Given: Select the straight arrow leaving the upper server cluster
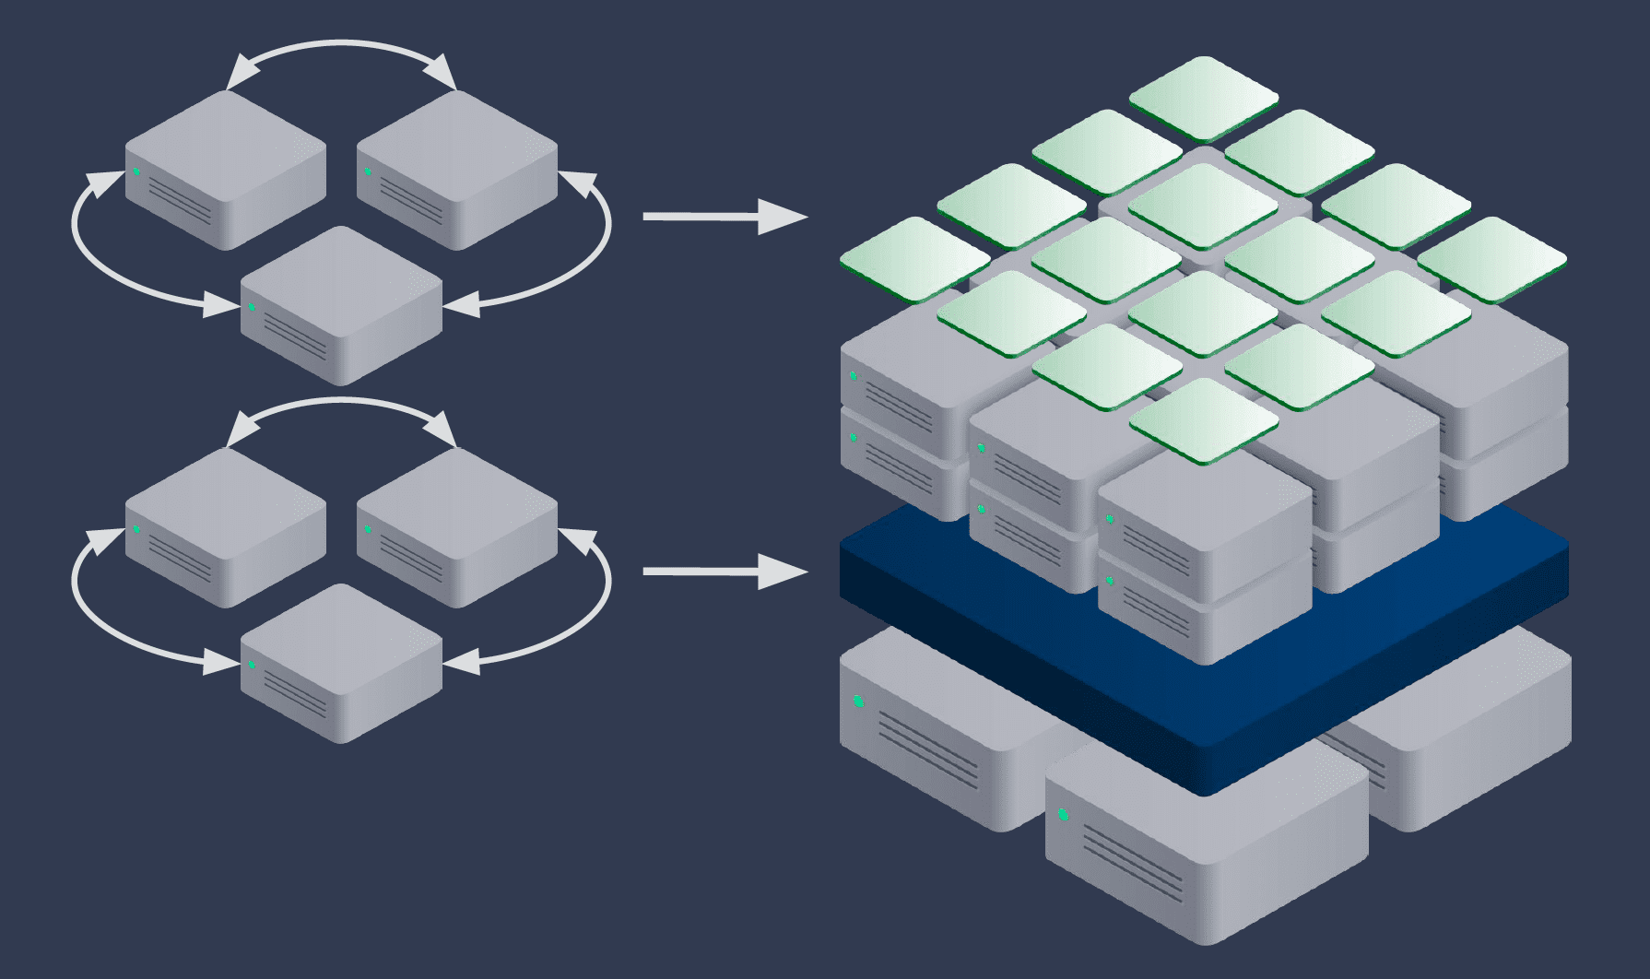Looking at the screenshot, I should (724, 217).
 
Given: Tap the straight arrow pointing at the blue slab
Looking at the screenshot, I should (724, 572).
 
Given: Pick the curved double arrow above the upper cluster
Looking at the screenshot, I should (341, 43).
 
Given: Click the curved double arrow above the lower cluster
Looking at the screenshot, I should (341, 401).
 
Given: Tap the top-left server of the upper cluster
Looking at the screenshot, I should (226, 166).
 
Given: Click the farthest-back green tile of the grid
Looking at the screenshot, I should (1203, 98).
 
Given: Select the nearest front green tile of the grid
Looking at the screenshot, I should (1203, 420).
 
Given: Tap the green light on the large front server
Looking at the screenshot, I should (1063, 814).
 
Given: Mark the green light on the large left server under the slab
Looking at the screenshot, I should (858, 702).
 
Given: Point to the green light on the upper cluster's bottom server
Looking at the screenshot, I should (252, 307).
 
